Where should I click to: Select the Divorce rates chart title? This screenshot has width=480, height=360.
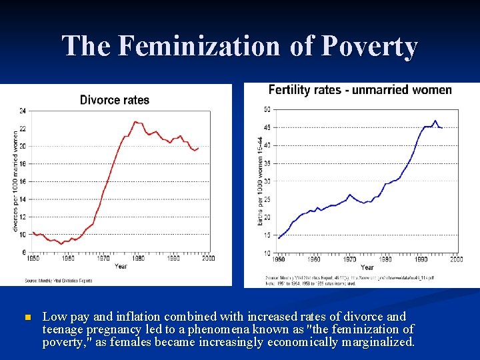[x=115, y=100]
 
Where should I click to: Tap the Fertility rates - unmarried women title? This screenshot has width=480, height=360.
[x=359, y=90]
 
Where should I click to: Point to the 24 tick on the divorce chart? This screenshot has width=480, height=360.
[x=23, y=111]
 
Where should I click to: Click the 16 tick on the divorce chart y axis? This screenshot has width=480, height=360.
[x=23, y=181]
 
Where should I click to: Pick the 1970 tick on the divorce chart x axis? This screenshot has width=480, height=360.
[x=103, y=258]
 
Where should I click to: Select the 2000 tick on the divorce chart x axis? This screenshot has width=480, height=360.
[x=208, y=258]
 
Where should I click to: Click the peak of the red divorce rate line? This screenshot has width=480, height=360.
[x=135, y=121]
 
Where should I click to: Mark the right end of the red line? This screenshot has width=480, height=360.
[x=198, y=148]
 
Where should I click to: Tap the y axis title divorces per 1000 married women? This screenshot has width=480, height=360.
[x=15, y=181]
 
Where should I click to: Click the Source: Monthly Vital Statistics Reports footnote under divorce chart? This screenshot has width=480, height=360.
[x=59, y=281]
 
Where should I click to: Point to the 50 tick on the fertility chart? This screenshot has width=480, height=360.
[x=267, y=109]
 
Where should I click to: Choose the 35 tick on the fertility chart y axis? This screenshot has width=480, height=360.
[x=267, y=163]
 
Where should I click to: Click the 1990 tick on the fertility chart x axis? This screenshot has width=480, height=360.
[x=421, y=259]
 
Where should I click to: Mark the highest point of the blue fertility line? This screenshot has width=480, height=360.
[x=435, y=121]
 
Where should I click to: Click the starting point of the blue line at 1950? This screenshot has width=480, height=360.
[x=279, y=238]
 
